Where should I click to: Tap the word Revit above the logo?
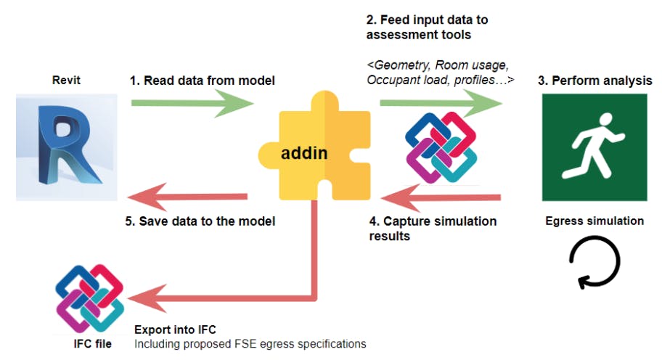tap(65, 81)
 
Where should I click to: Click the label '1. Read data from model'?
tap(203, 81)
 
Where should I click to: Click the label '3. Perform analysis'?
tap(594, 81)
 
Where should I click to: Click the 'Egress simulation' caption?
tap(594, 221)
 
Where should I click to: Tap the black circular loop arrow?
tap(594, 264)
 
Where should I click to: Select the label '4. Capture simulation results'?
tap(433, 228)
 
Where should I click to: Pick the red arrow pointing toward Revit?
tap(189, 197)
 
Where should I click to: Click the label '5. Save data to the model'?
tap(203, 221)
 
